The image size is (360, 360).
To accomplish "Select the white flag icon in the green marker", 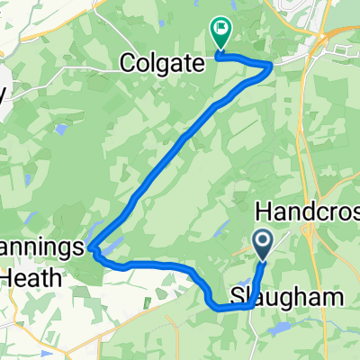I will tap(220, 29).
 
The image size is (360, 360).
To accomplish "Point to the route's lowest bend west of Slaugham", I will tap(219, 306).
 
